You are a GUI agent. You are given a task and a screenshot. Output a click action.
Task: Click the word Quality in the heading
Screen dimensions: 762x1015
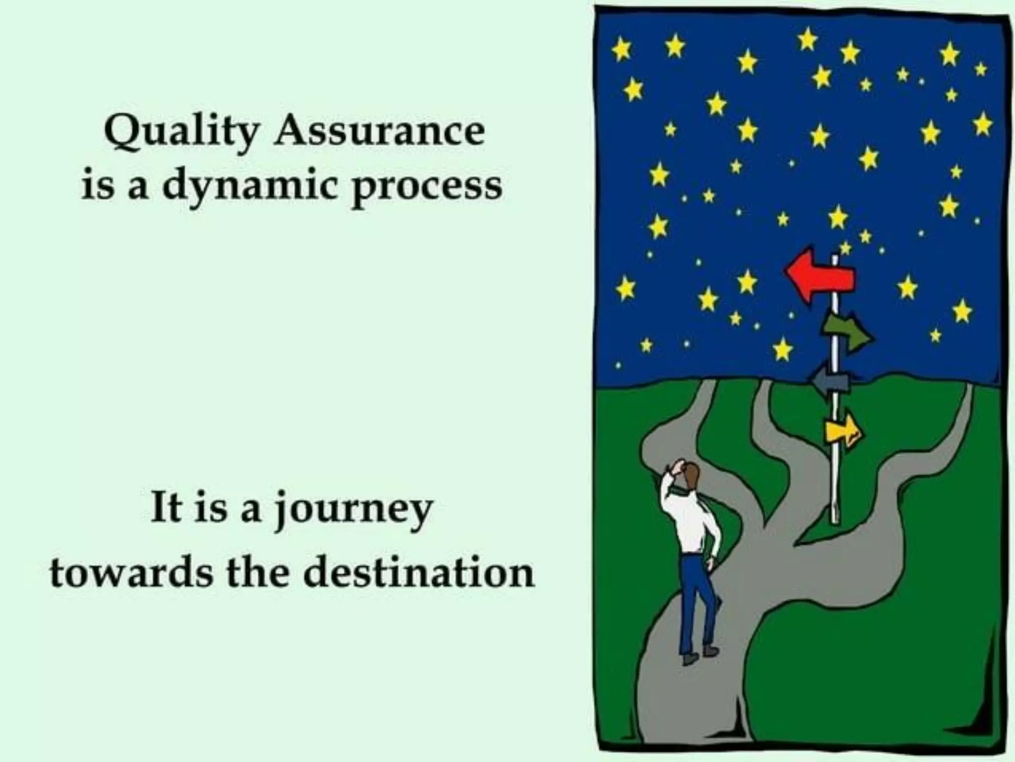tap(181, 132)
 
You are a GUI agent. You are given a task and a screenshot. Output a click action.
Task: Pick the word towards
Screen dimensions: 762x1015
tap(130, 573)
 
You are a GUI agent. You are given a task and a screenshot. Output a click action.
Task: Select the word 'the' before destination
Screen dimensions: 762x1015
tap(258, 573)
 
